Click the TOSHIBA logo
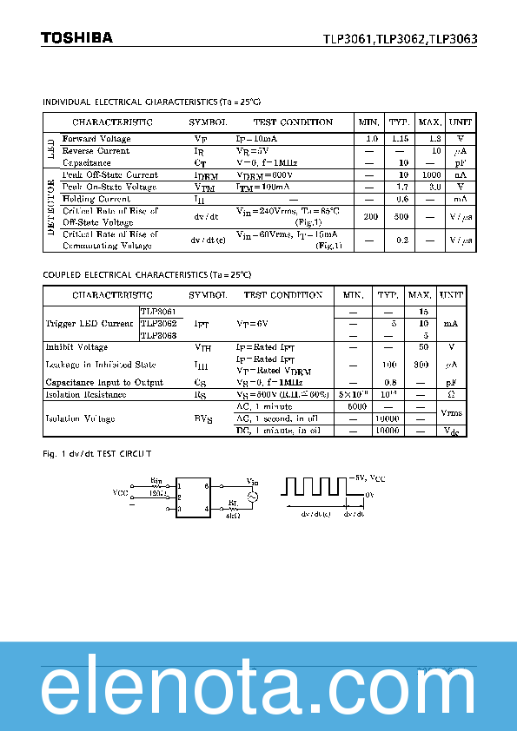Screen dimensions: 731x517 76,37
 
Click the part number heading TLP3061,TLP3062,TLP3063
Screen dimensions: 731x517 401,39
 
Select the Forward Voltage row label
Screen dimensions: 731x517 96,139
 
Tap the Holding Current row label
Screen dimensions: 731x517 96,199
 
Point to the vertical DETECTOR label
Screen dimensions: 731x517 50,210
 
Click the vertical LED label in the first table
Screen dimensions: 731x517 50,151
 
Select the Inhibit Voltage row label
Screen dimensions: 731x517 76,347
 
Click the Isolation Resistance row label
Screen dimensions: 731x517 85,395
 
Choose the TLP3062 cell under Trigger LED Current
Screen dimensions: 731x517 159,323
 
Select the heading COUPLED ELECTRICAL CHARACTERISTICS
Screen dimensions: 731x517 147,275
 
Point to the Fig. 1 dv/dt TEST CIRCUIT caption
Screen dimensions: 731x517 97,453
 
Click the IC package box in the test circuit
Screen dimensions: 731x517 193,497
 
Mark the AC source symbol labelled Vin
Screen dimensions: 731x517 254,496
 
